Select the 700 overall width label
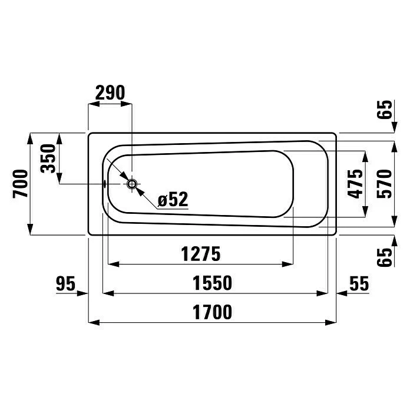point(19,184)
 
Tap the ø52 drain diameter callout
point(173,200)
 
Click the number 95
point(66,283)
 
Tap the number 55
point(359,283)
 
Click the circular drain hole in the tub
point(133,184)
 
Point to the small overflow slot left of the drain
point(105,184)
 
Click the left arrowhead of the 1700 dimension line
point(92,322)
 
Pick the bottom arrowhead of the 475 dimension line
point(365,213)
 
